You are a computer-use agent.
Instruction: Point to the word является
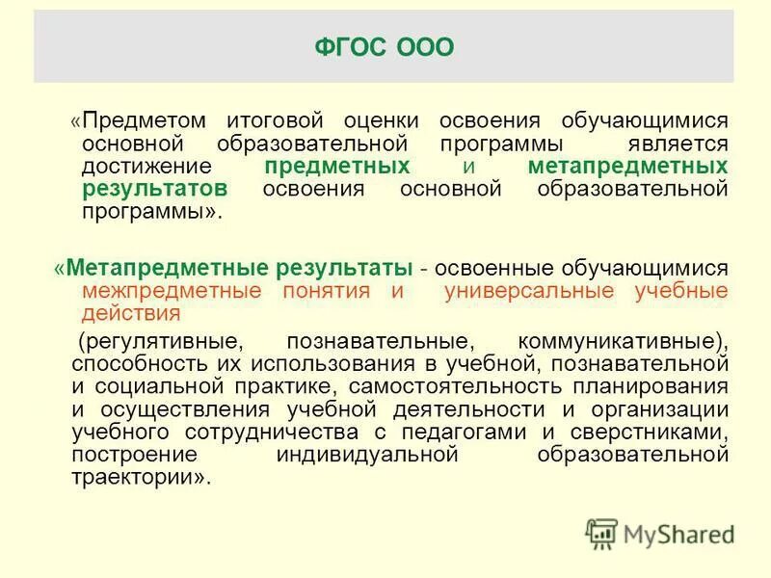point(677,144)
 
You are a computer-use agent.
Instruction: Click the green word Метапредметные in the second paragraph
point(164,266)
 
